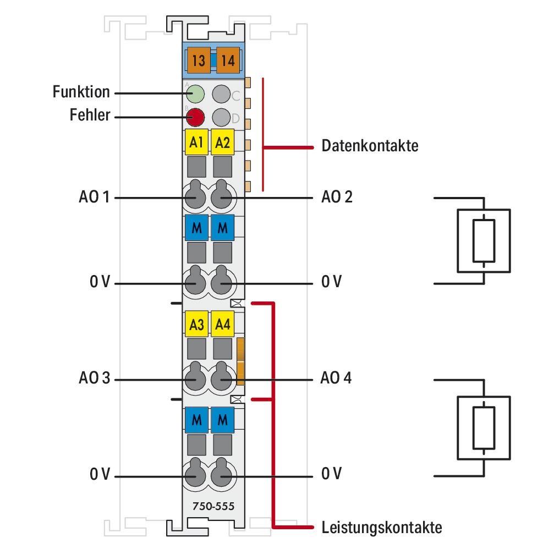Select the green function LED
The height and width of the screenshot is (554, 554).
pyautogui.click(x=195, y=94)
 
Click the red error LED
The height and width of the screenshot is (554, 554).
pyautogui.click(x=195, y=117)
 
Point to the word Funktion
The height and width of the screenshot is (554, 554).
pyautogui.click(x=81, y=92)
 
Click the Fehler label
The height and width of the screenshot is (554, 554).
pyautogui.click(x=90, y=116)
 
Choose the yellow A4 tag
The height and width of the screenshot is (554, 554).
pyautogui.click(x=222, y=325)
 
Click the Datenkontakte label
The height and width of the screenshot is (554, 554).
pyautogui.click(x=370, y=147)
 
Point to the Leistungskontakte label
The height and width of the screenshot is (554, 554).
pyautogui.click(x=381, y=528)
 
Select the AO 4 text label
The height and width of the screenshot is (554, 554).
pyautogui.click(x=336, y=379)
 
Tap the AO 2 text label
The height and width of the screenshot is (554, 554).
pyautogui.click(x=337, y=197)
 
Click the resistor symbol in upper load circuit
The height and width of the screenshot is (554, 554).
pyautogui.click(x=484, y=240)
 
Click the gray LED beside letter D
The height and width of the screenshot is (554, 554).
pyautogui.click(x=221, y=117)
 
